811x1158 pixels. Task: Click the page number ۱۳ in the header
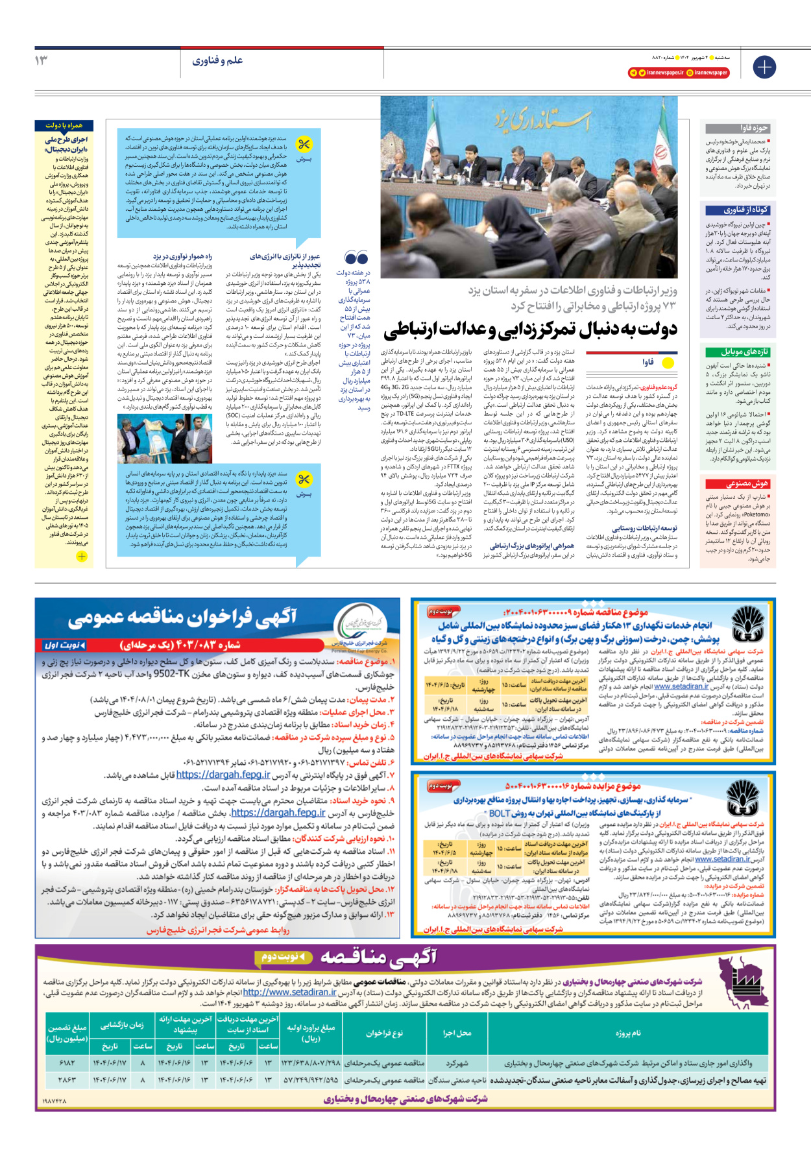41,60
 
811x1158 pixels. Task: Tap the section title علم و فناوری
217,60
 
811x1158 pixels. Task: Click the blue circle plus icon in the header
764,67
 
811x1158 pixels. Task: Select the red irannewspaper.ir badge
679,73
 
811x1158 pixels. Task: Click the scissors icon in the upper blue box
303,144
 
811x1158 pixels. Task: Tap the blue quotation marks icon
356,258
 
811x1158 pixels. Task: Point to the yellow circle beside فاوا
668,363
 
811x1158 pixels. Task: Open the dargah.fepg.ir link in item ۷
223,775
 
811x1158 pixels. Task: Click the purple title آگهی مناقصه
378,957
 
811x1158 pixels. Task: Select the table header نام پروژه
627,1033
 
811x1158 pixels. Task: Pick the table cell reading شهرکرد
457,1063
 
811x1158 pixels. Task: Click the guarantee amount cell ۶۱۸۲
67,1063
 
